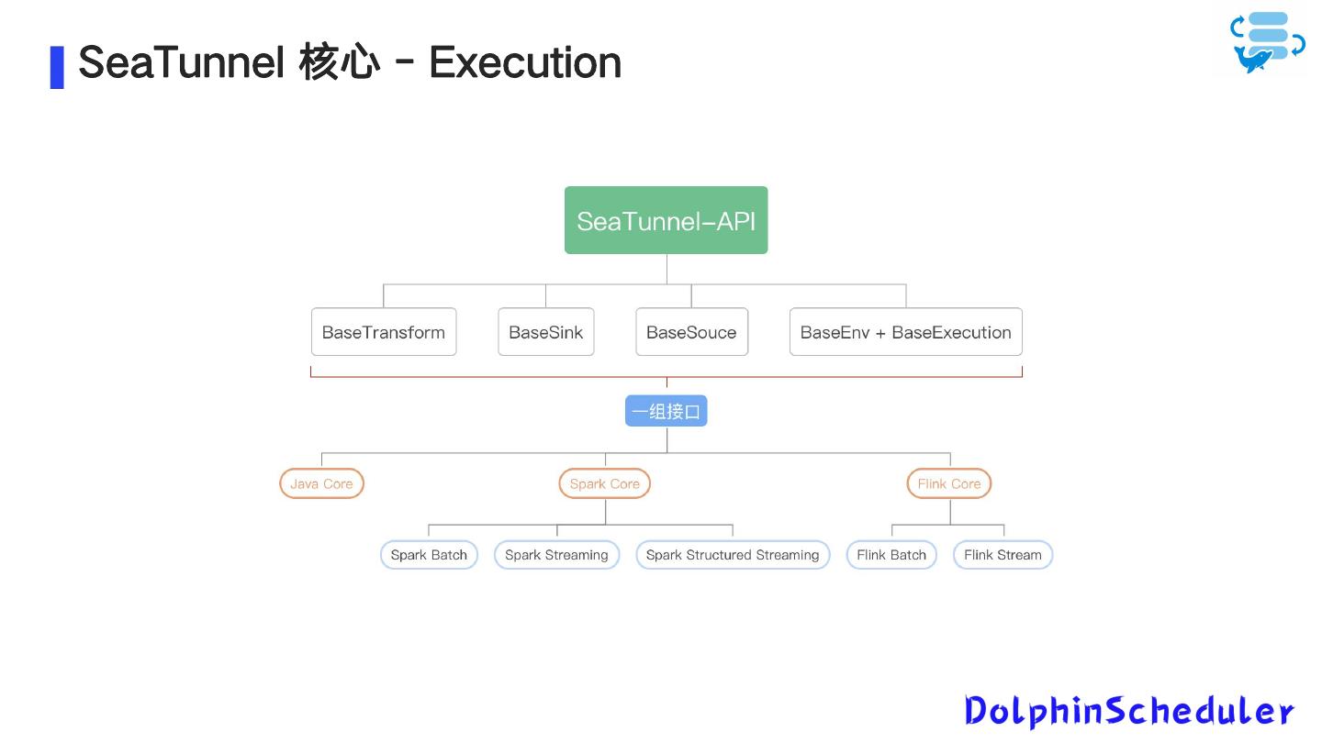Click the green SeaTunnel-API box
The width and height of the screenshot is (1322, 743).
tap(666, 220)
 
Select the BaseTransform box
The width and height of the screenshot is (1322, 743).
tap(383, 332)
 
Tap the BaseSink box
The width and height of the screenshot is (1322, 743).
tap(545, 332)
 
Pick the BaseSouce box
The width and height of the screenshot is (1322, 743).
tap(691, 332)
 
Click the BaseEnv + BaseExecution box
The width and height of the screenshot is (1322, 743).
tap(905, 332)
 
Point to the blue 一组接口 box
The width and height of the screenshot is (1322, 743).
tap(666, 412)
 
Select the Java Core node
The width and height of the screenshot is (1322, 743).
tap(321, 483)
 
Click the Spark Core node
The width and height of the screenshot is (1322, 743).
tap(604, 483)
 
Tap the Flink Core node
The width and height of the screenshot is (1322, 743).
tap(948, 483)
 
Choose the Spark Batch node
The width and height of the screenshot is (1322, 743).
tap(429, 555)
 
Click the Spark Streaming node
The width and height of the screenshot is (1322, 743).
tap(556, 555)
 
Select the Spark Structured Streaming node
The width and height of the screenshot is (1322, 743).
tap(732, 555)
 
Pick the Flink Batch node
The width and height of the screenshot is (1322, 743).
tap(891, 555)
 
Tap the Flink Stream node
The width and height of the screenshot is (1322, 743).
tap(1003, 555)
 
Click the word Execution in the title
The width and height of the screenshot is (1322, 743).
tap(525, 62)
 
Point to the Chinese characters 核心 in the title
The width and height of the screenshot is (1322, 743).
tap(339, 62)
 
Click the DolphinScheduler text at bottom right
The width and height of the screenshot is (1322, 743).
tap(1128, 711)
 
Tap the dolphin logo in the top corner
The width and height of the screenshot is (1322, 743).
tap(1266, 42)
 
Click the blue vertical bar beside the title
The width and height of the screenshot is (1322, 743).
tap(57, 67)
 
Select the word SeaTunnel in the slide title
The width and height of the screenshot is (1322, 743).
tap(182, 62)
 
